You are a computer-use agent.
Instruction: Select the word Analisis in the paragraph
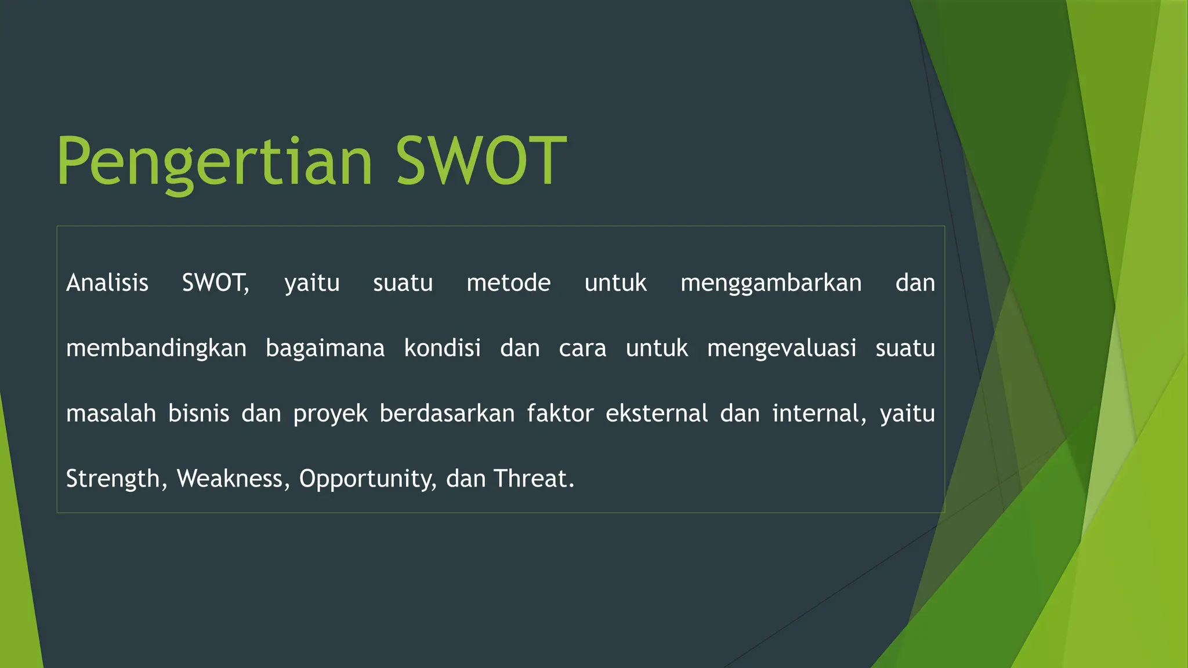(107, 283)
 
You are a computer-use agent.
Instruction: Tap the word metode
(508, 283)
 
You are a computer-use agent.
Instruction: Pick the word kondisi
(442, 348)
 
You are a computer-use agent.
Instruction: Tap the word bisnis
(198, 413)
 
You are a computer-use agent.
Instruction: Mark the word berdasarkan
(447, 413)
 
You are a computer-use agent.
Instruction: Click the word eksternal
(657, 413)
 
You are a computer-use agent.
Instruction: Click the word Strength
(113, 480)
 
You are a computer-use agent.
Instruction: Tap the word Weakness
(230, 479)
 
